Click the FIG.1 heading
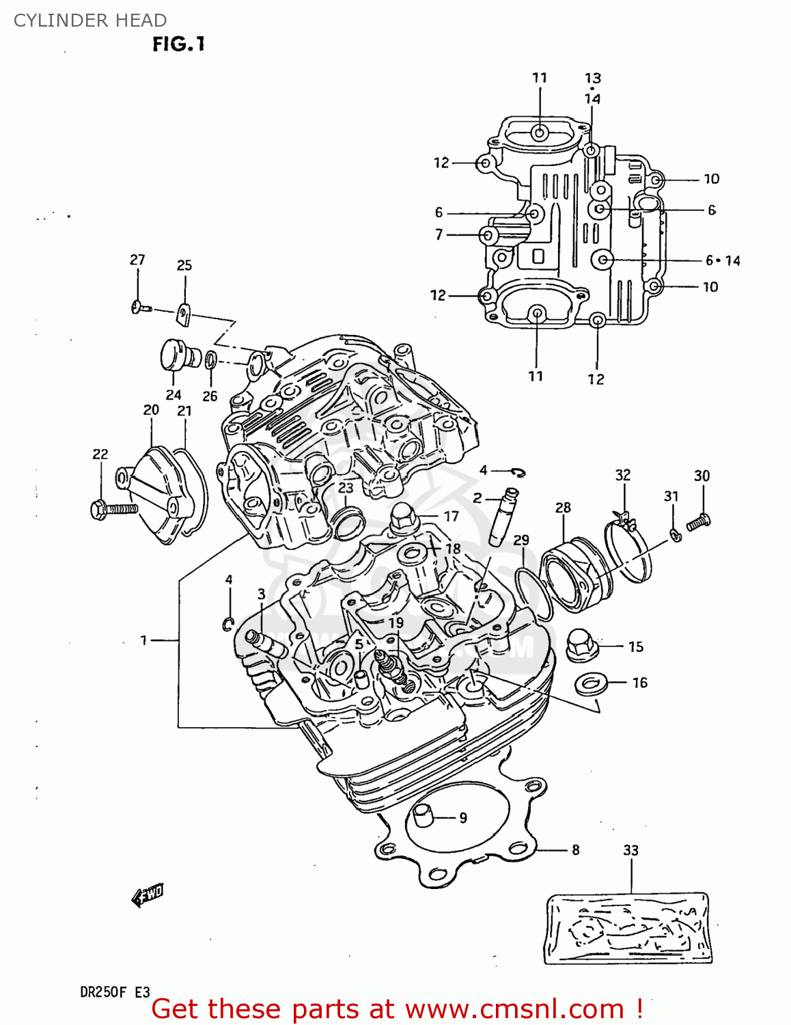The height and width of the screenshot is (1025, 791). point(178,44)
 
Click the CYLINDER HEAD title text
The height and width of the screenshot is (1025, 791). point(89,20)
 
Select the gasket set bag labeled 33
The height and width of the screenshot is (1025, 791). point(628,929)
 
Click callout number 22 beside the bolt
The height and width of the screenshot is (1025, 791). point(100,454)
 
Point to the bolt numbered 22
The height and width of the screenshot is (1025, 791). point(113,509)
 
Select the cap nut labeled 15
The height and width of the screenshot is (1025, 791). point(581,645)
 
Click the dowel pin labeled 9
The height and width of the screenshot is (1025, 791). point(422,817)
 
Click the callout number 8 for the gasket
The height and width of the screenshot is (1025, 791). point(576,849)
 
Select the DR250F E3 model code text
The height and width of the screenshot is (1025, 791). point(115,992)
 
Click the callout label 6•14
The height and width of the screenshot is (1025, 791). point(723,260)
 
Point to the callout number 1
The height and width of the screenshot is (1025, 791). point(143,640)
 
